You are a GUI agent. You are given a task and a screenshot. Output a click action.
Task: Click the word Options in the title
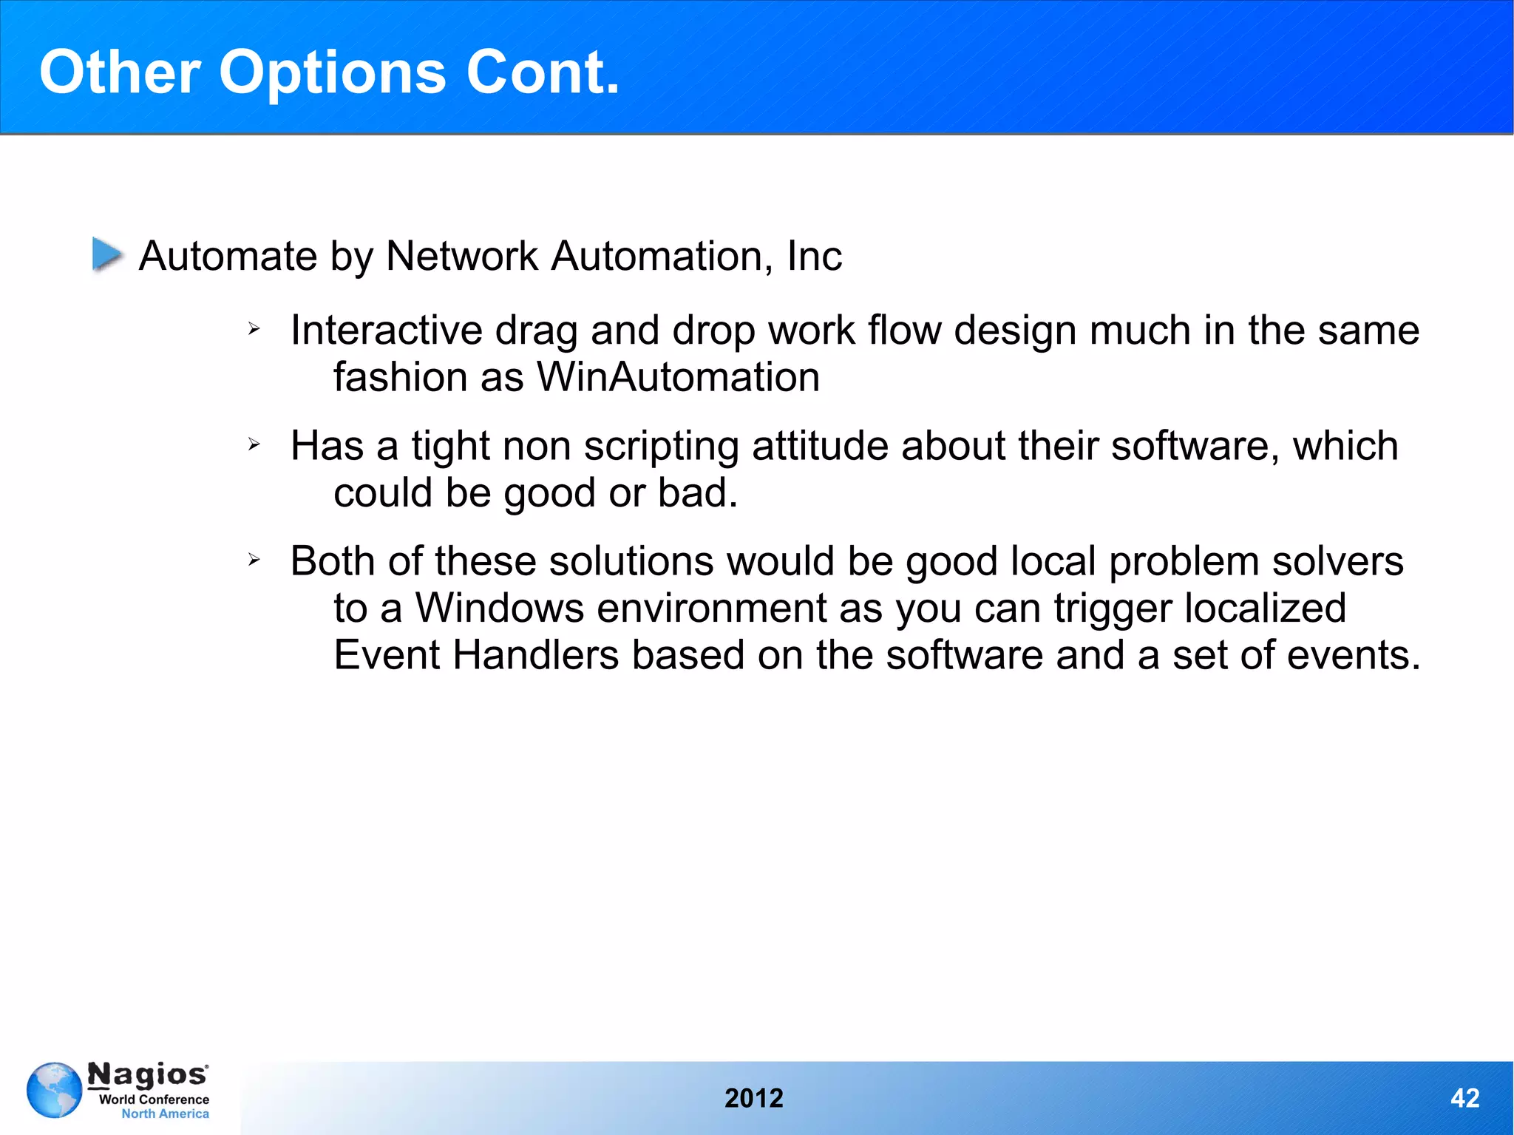(332, 73)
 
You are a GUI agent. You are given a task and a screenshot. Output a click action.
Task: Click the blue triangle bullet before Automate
(107, 254)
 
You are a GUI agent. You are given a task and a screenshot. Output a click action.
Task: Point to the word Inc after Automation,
(814, 257)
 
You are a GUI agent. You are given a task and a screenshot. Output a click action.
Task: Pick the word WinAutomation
(678, 378)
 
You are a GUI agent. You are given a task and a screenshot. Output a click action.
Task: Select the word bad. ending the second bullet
(697, 493)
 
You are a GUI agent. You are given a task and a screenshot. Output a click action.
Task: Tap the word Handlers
(535, 656)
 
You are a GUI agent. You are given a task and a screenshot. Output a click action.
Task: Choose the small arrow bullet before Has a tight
(254, 444)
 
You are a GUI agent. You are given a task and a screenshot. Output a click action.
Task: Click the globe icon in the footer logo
(54, 1090)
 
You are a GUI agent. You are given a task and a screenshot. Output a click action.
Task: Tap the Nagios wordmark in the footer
(147, 1074)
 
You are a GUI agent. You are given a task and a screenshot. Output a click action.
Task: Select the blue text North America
(165, 1114)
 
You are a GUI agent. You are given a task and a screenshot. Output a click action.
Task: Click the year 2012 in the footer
(753, 1098)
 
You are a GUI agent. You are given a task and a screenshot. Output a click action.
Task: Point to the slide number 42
(1464, 1098)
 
